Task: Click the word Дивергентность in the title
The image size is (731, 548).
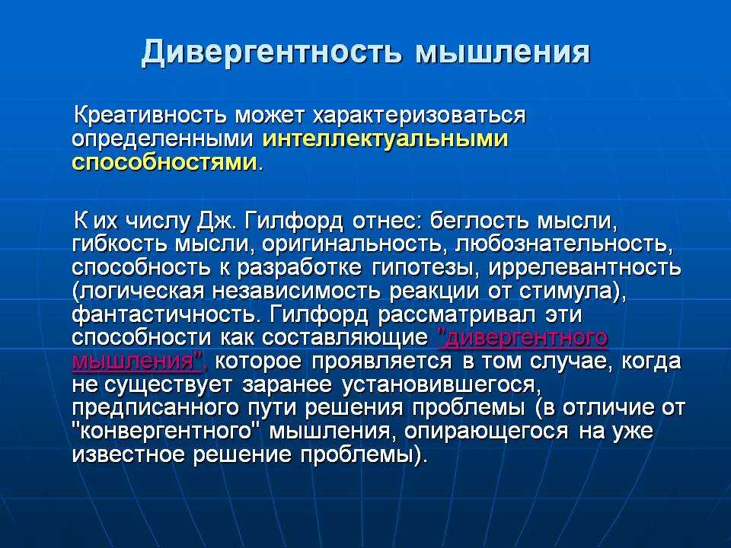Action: [x=271, y=53]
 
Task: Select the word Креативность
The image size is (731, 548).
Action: [x=151, y=115]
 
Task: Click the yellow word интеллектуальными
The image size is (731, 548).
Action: [x=385, y=139]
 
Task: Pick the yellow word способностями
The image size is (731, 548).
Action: [x=164, y=162]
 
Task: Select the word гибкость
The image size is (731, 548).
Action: [x=120, y=244]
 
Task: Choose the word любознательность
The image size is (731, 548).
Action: [x=563, y=244]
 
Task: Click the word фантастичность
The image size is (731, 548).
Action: [x=164, y=314]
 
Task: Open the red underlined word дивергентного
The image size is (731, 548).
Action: [x=523, y=338]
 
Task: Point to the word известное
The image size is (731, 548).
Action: [x=128, y=454]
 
